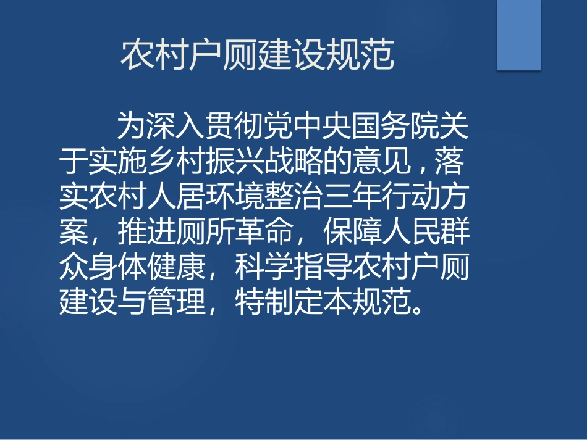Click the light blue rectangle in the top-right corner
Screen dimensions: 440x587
[x=519, y=35]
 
